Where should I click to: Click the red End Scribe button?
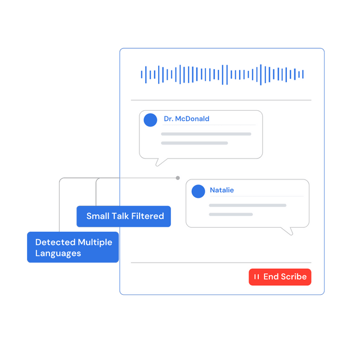pos(280,277)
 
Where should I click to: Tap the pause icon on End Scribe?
pos(256,277)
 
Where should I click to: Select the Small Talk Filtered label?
pos(124,216)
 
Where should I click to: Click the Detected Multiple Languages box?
pos(73,247)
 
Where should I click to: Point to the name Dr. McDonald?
pos(186,119)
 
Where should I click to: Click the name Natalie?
pos(222,190)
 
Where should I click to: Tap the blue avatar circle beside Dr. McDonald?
pos(150,120)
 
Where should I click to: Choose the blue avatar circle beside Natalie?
pos(199,191)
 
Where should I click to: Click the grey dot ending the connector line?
pos(178,178)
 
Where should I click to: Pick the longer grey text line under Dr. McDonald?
pos(206,134)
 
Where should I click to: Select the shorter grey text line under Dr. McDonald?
pos(195,143)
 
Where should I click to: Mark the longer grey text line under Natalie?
pos(247,205)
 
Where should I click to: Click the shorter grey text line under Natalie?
pos(231,214)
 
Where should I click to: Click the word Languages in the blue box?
pos(58,254)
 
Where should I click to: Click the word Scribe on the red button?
pos(294,277)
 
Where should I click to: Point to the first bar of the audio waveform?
pos(142,74)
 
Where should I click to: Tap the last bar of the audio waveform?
pos(303,74)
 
